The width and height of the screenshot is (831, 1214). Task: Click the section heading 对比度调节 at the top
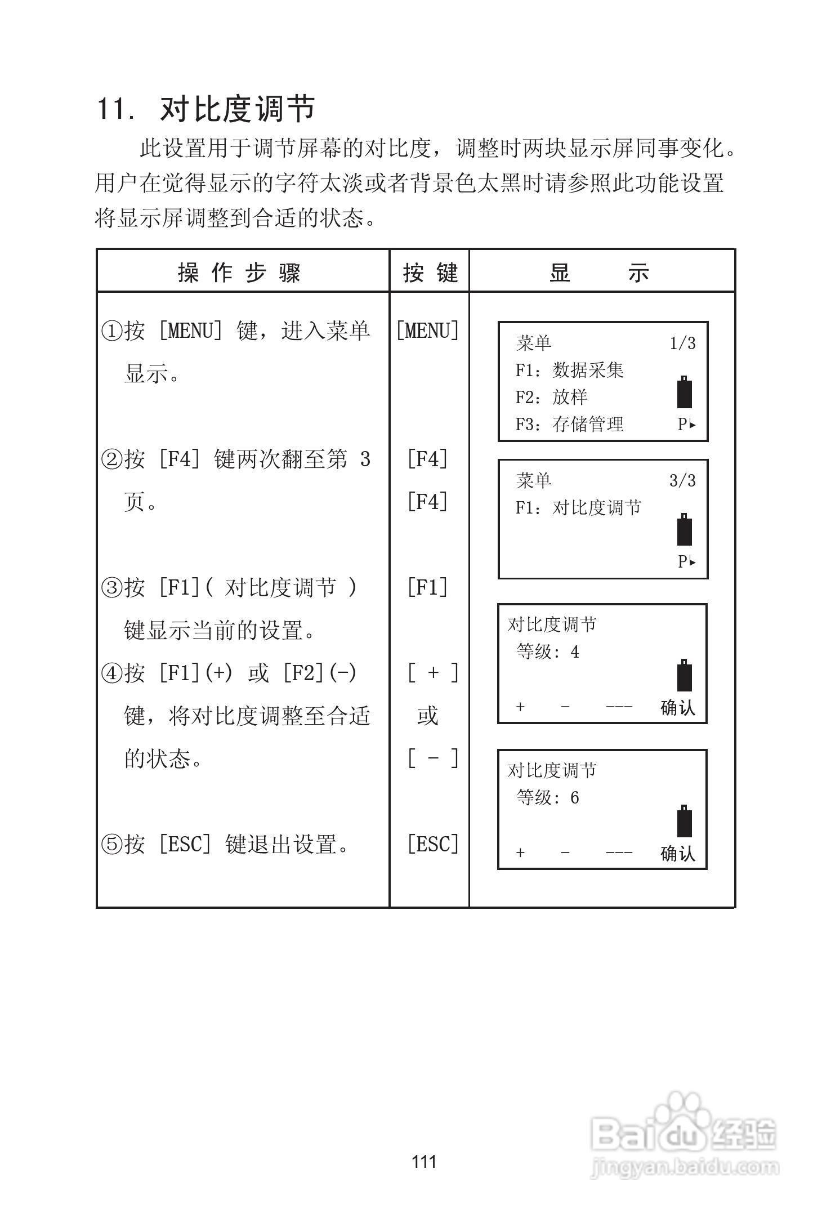[x=237, y=108]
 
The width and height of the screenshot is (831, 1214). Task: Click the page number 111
[x=424, y=1162]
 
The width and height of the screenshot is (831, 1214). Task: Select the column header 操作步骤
[x=240, y=273]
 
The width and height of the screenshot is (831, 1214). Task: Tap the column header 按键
[x=430, y=273]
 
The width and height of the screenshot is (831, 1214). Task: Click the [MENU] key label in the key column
[x=428, y=331]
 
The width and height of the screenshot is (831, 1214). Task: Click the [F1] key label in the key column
[x=428, y=587]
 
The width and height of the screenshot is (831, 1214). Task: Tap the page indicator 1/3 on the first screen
[x=682, y=343]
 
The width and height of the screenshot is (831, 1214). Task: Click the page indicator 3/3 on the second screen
[x=682, y=480]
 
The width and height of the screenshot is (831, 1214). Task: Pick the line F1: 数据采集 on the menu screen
[x=570, y=370]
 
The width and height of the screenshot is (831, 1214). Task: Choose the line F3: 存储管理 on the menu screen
[x=570, y=424]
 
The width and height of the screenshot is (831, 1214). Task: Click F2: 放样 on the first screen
[x=552, y=397]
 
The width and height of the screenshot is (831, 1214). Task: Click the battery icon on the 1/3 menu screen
[x=684, y=392]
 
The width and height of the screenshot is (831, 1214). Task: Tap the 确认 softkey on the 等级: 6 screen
[x=678, y=854]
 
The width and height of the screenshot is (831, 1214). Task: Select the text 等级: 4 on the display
[x=548, y=652]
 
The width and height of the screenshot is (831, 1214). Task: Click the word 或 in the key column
[x=427, y=716]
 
